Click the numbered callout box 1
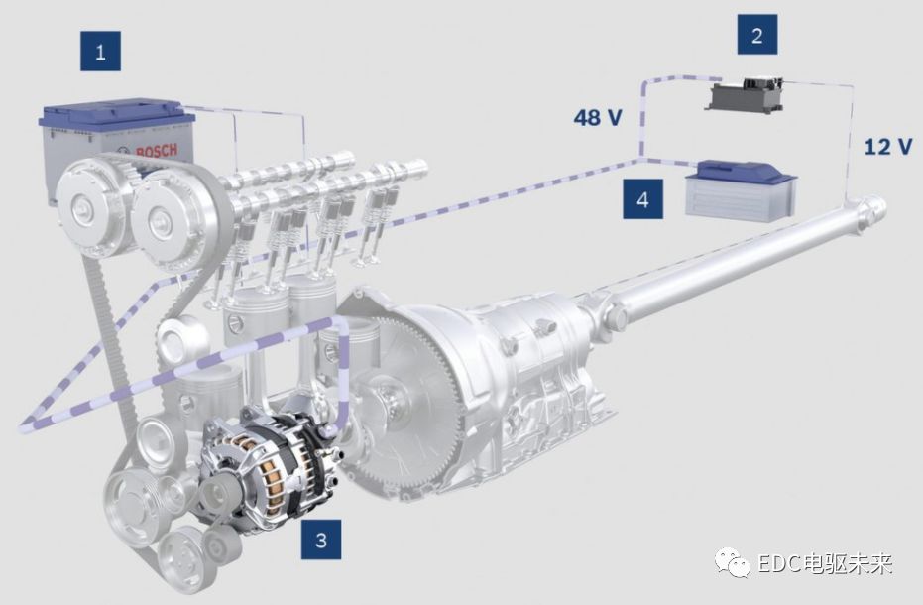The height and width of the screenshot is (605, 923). coord(101,52)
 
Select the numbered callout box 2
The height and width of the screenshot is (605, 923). coord(757,35)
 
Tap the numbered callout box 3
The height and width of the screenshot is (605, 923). coord(321,540)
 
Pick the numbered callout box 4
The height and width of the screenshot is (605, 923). coord(642,199)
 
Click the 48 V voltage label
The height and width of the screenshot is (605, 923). coord(598,117)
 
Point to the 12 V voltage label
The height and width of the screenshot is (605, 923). coord(888,146)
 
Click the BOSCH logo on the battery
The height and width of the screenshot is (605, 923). coord(156,151)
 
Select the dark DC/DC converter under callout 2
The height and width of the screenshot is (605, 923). coord(746,95)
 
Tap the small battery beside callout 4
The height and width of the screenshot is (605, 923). coord(741,190)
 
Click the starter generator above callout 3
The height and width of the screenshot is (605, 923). coord(272,468)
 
